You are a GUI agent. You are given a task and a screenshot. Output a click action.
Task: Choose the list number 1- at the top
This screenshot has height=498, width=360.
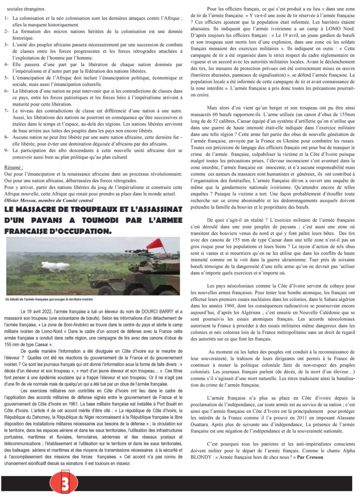pyautogui.click(x=7, y=18)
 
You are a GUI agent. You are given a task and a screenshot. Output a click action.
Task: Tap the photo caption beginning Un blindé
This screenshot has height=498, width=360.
pyautogui.click(x=49, y=299)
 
